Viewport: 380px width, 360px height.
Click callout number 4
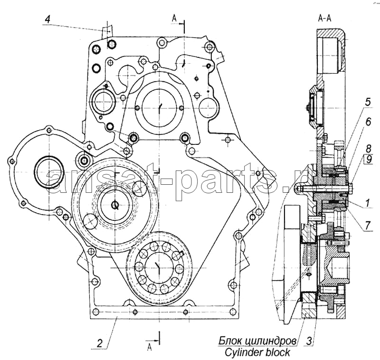48,19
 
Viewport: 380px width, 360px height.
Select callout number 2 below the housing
99,343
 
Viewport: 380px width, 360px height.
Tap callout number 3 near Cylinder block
309,341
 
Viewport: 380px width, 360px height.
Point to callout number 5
368,102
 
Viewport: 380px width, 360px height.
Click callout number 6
368,122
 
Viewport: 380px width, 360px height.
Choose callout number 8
369,148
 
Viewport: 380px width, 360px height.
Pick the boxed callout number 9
369,159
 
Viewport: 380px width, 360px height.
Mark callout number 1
368,203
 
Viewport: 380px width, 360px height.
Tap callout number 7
368,226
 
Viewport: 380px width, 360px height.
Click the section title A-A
324,18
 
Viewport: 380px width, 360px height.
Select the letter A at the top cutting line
174,18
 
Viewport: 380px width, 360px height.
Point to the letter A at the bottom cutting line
150,347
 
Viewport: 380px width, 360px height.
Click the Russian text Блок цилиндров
257,341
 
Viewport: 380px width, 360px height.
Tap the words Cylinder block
257,352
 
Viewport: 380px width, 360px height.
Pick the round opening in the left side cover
48,171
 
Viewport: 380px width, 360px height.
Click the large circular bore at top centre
159,107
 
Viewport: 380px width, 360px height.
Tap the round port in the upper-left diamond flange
103,102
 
